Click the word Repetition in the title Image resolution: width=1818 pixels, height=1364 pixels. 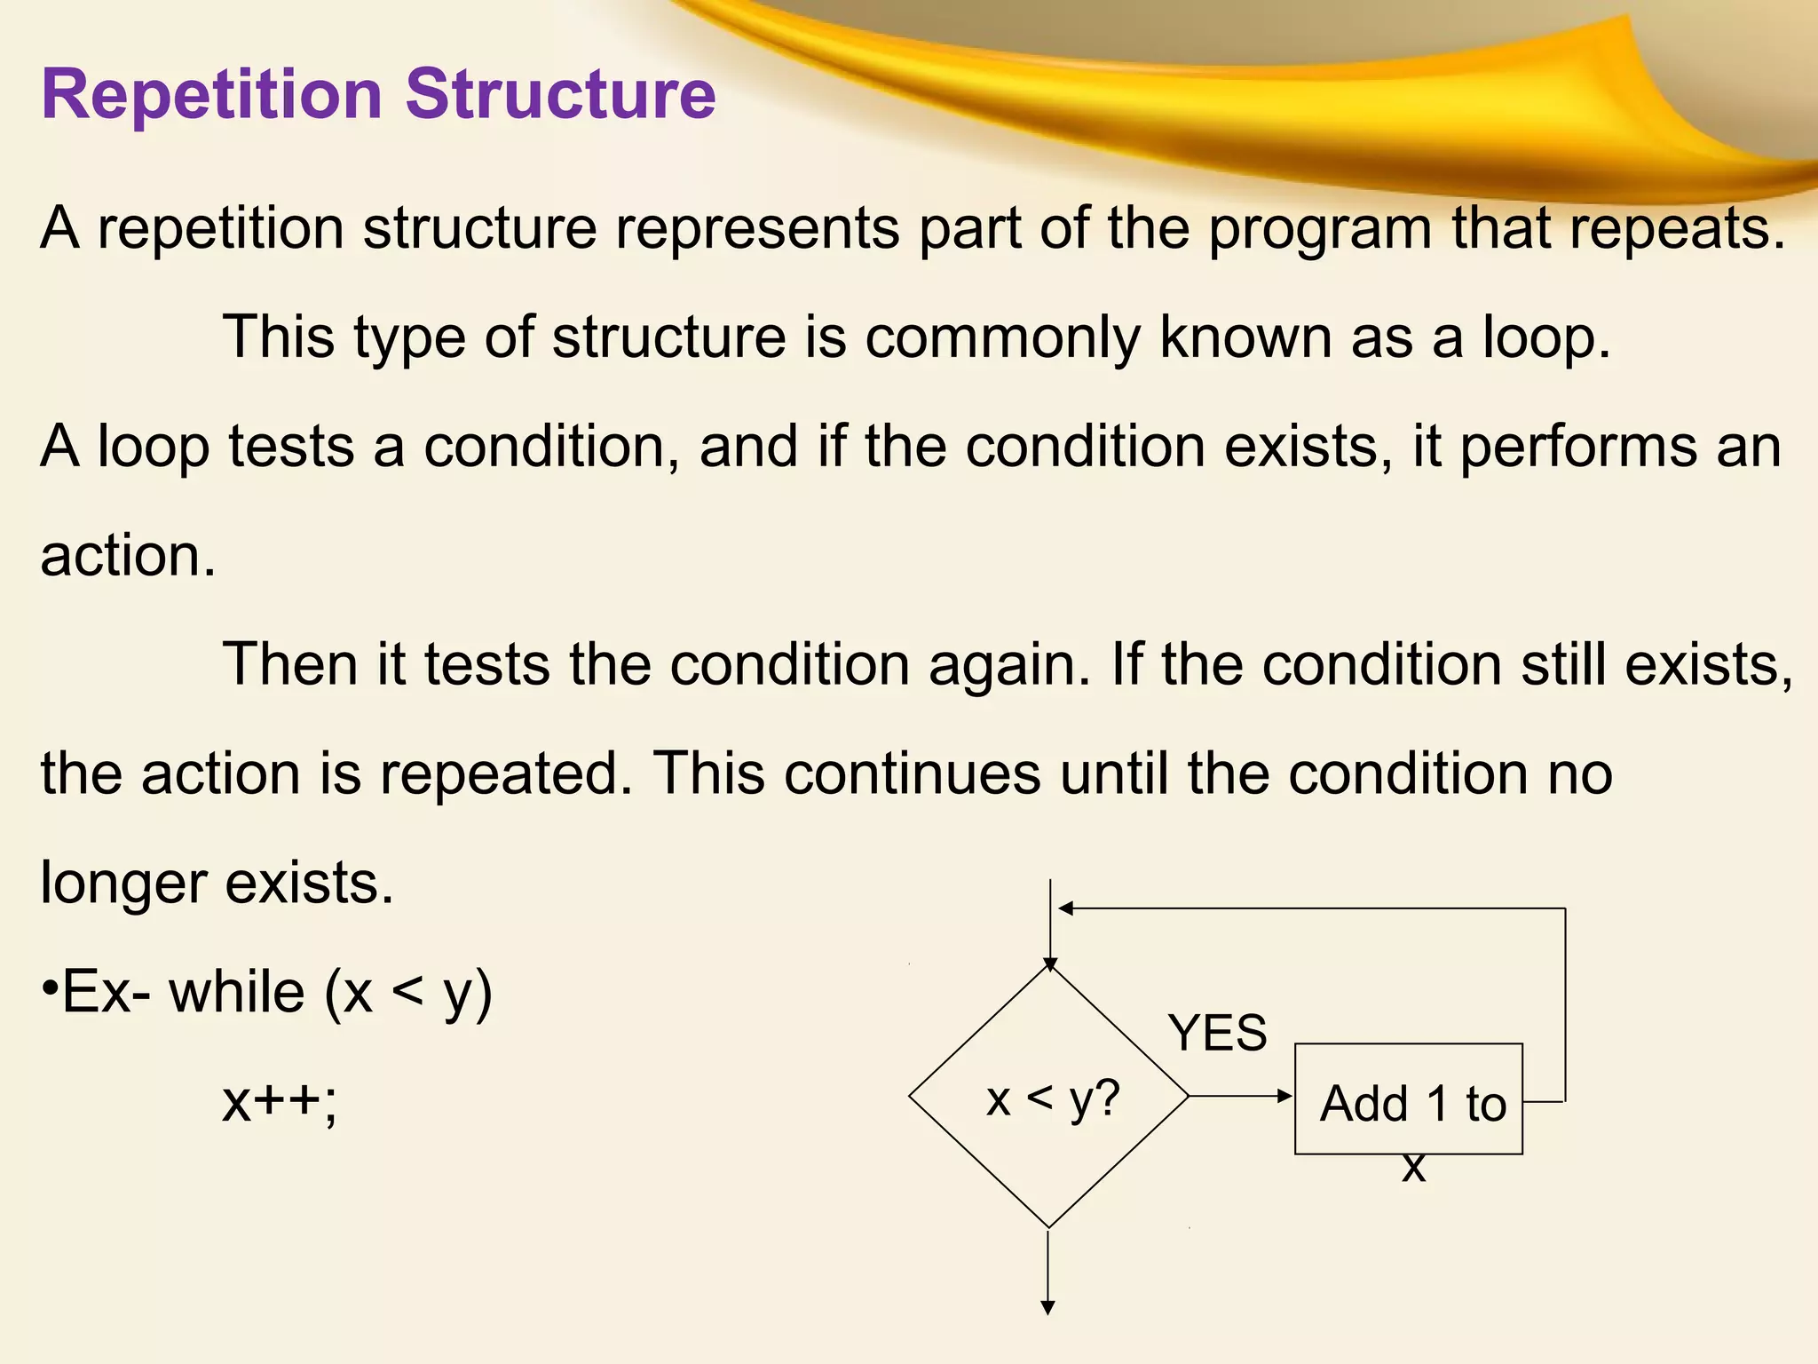click(x=211, y=95)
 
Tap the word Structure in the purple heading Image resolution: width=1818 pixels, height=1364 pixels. click(x=560, y=93)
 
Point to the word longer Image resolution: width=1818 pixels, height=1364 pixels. click(x=123, y=884)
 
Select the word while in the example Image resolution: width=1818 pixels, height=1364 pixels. click(x=237, y=992)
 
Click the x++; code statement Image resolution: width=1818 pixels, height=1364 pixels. click(x=280, y=1101)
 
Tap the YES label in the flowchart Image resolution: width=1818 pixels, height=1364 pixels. click(x=1218, y=1033)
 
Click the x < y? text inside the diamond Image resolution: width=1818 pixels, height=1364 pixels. click(x=1053, y=1099)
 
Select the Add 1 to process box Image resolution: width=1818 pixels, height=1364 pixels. click(x=1409, y=1099)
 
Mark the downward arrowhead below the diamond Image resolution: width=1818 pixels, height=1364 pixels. click(x=1048, y=1307)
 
